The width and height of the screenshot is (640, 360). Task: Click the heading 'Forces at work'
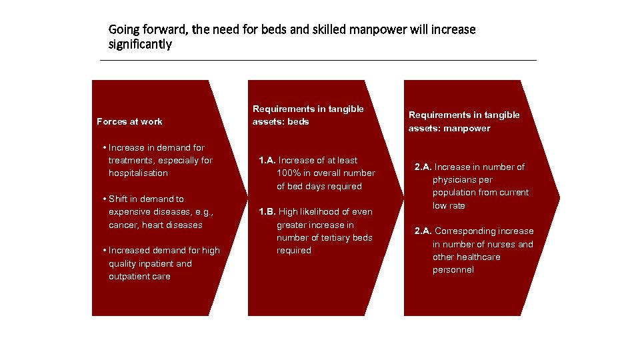point(129,121)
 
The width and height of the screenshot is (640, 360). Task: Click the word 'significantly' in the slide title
point(140,45)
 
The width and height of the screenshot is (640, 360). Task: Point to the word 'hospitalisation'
point(138,173)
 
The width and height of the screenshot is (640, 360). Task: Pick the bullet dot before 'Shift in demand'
point(105,199)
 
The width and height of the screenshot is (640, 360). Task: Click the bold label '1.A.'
point(267,161)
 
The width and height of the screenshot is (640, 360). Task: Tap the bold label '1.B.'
point(267,212)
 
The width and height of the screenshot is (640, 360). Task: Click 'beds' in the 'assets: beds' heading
point(298,122)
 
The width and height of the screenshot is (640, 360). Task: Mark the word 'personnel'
point(453,270)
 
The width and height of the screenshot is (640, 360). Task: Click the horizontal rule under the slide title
point(318,61)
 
